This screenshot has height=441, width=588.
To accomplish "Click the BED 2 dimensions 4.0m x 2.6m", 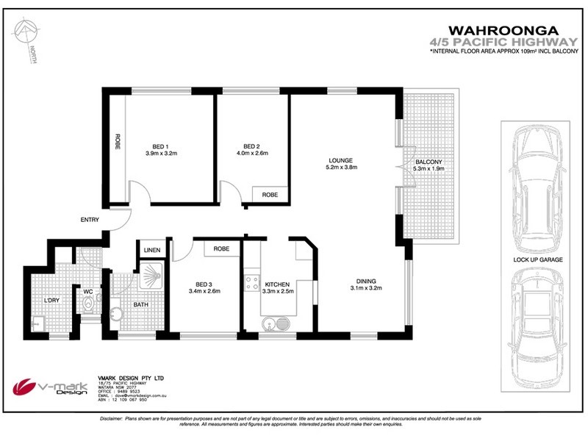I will [x=251, y=154].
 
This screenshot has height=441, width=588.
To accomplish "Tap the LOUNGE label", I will [x=341, y=160].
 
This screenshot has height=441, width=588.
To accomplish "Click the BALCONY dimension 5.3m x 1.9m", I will [x=429, y=168].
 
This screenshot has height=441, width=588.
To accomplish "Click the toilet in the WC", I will [x=87, y=309].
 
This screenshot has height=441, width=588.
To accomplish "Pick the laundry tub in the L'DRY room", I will [x=37, y=322].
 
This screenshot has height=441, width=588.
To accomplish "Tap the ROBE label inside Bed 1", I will [x=117, y=141].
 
